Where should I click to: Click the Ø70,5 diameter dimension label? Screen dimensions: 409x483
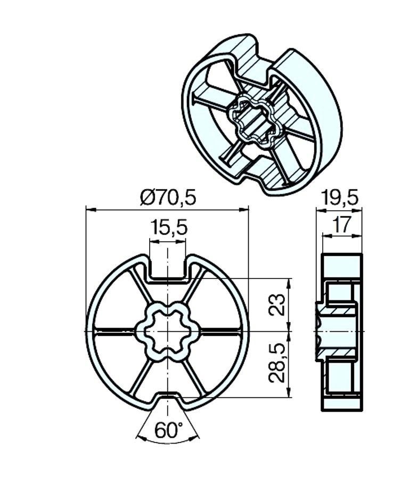point(168,197)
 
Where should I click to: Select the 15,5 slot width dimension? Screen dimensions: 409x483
point(169,228)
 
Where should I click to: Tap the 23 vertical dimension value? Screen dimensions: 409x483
point(276,305)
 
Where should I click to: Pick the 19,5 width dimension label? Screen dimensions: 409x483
point(339,198)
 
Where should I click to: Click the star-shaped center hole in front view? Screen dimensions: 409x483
point(168,331)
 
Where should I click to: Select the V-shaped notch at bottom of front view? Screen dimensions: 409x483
point(168,400)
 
